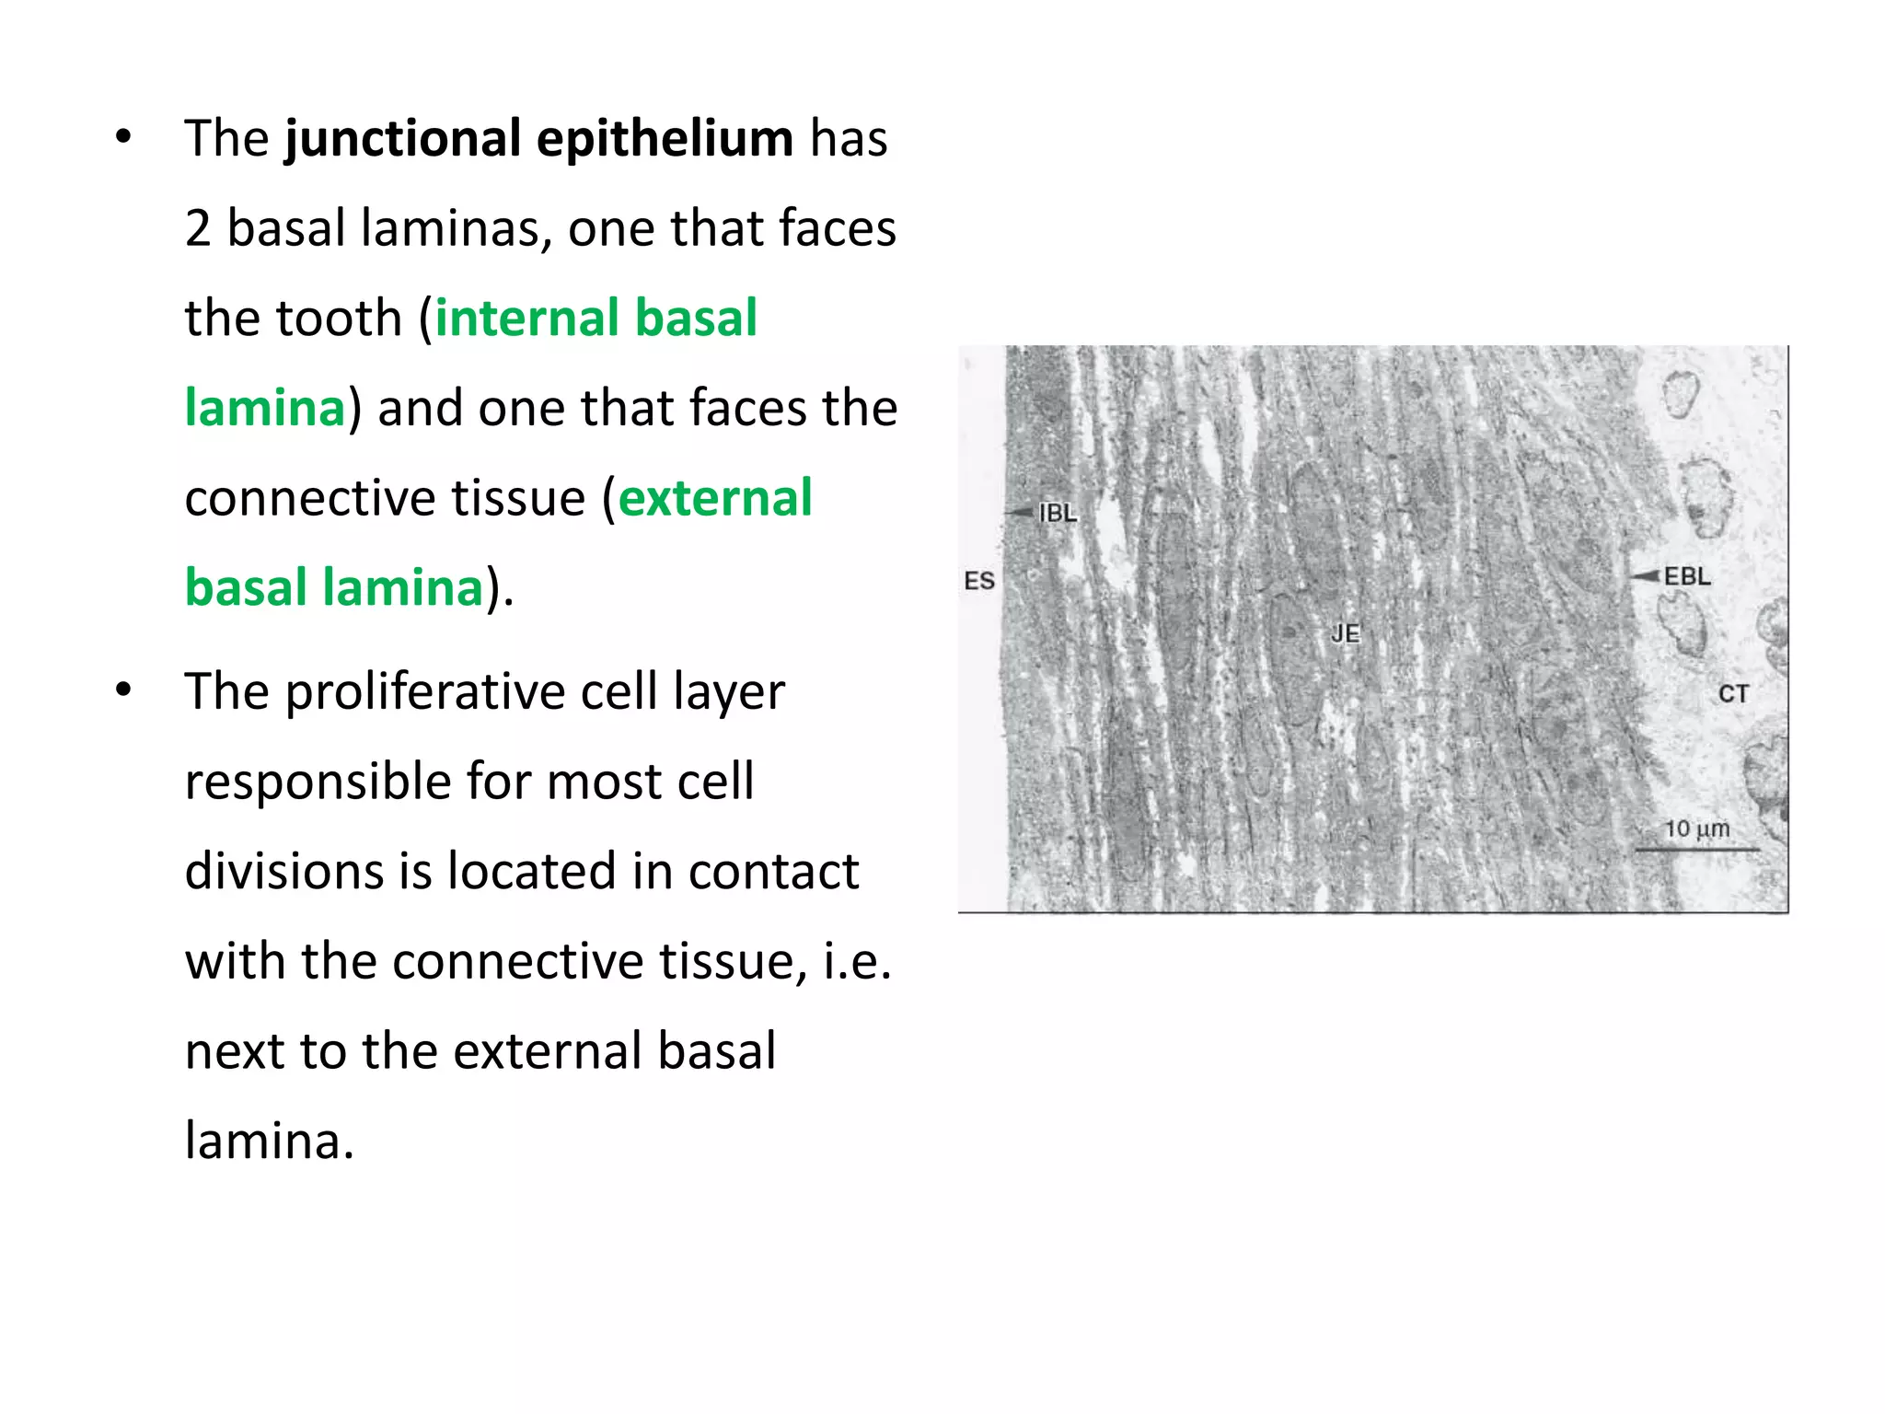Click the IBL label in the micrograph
click(1058, 513)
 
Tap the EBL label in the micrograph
click(1687, 576)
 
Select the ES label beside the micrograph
click(979, 581)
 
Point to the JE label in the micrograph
click(1345, 633)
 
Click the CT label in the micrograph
click(1733, 693)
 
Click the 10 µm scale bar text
click(1696, 829)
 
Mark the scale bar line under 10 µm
click(1696, 849)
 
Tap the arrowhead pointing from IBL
click(1020, 512)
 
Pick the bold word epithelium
click(665, 139)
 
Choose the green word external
click(715, 498)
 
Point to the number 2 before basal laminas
click(198, 228)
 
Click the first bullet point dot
click(123, 138)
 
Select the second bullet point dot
click(123, 690)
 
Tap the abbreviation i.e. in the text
click(857, 961)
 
